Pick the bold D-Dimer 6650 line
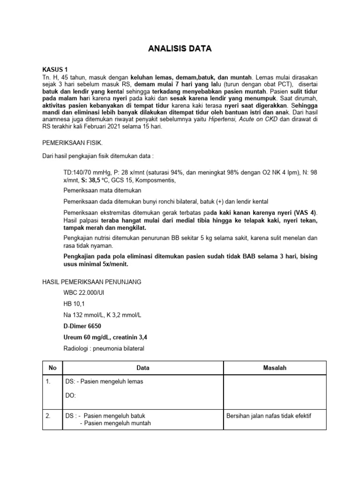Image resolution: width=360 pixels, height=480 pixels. [x=82, y=326]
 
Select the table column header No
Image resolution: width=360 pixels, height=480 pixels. [x=52, y=368]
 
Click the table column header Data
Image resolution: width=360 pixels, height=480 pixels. [x=143, y=368]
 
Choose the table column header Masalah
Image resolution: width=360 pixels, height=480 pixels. [x=274, y=368]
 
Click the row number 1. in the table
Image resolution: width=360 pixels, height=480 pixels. [x=48, y=382]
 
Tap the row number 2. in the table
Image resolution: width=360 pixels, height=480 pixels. [x=49, y=416]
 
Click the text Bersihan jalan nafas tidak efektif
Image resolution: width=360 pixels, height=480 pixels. [x=269, y=416]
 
